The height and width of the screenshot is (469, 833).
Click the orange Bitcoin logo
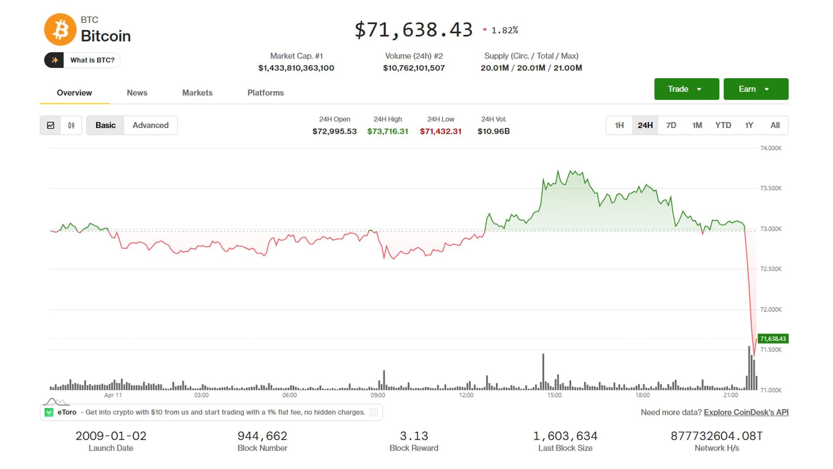[x=60, y=30]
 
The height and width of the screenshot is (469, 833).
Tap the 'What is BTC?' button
[x=82, y=60]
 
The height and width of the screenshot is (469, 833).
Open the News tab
[x=137, y=92]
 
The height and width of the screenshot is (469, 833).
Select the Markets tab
[x=197, y=92]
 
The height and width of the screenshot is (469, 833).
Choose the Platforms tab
[x=266, y=92]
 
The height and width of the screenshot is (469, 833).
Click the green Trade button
[x=686, y=89]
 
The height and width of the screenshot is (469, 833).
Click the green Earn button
[x=756, y=89]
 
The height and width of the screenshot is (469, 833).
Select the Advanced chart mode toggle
[x=151, y=125]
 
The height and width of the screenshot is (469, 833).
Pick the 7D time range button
[x=671, y=125]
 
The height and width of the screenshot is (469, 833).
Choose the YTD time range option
[x=723, y=125]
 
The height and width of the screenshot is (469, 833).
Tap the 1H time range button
[x=619, y=125]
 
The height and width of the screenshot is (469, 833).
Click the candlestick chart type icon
[x=71, y=125]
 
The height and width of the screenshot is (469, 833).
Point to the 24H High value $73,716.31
[x=387, y=131]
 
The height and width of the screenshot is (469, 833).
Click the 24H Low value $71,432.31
[x=440, y=131]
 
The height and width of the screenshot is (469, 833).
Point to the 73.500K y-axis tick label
[x=771, y=188]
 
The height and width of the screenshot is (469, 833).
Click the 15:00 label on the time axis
[x=554, y=395]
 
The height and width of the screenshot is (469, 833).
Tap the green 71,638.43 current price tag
[x=773, y=339]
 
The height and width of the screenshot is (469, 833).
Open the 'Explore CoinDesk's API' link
[x=746, y=412]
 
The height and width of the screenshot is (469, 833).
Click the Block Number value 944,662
[x=262, y=436]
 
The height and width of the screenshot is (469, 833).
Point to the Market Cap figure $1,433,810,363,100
[x=296, y=68]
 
